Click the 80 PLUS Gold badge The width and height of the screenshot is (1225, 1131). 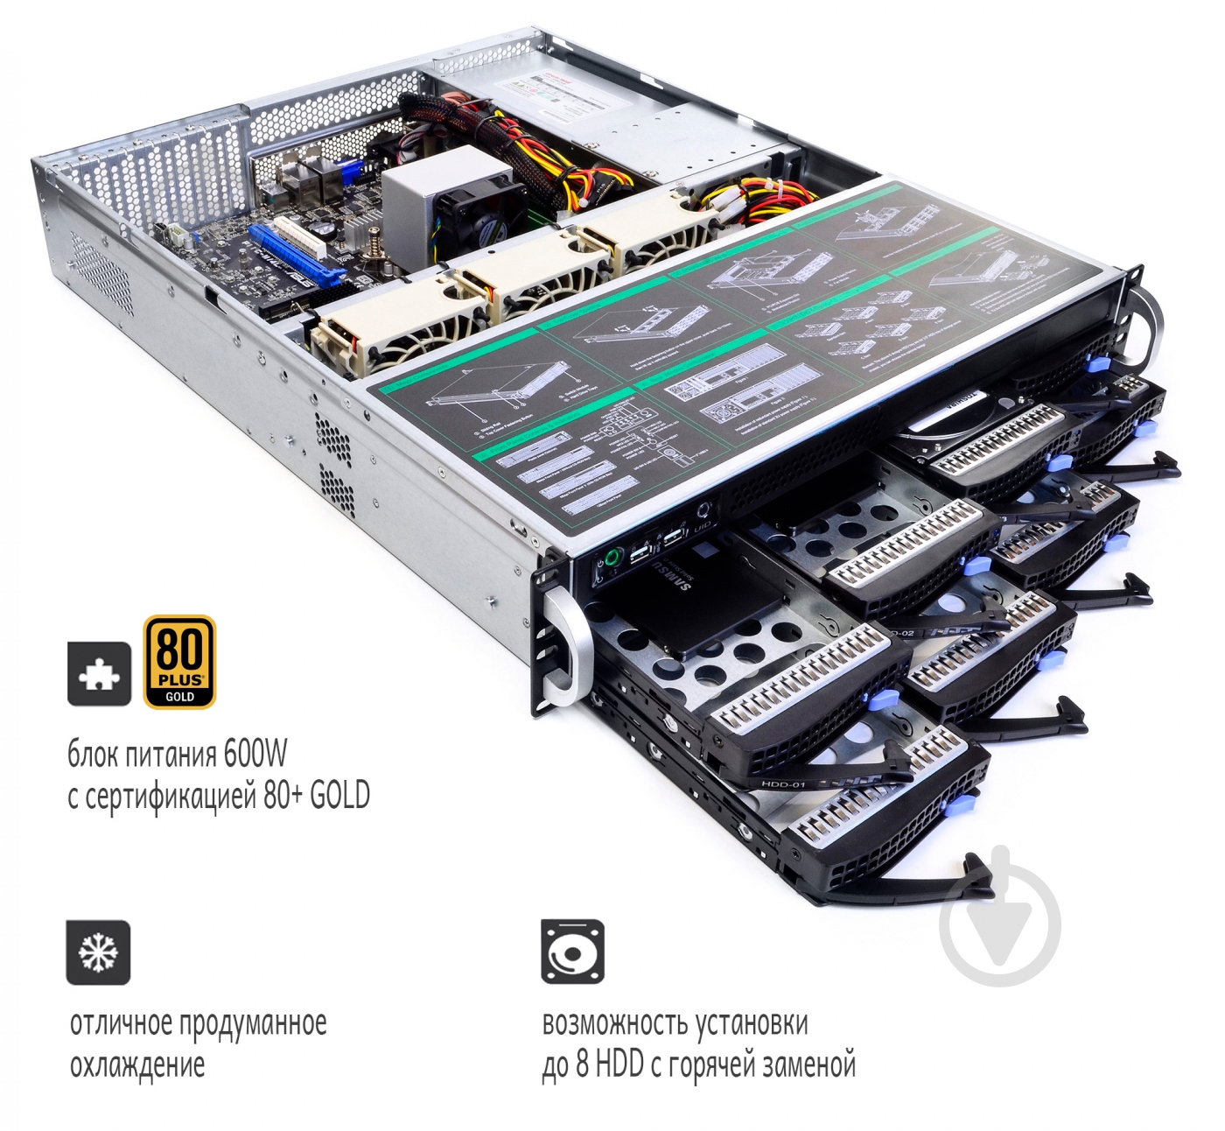179,661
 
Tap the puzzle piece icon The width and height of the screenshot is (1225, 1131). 100,673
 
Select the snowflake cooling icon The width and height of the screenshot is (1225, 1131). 98,952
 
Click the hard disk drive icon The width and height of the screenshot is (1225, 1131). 572,952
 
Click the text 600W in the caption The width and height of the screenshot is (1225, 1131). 255,754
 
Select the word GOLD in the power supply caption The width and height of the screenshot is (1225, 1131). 339,796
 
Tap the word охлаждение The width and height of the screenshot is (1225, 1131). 137,1065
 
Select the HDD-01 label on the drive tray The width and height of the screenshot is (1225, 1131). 782,784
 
